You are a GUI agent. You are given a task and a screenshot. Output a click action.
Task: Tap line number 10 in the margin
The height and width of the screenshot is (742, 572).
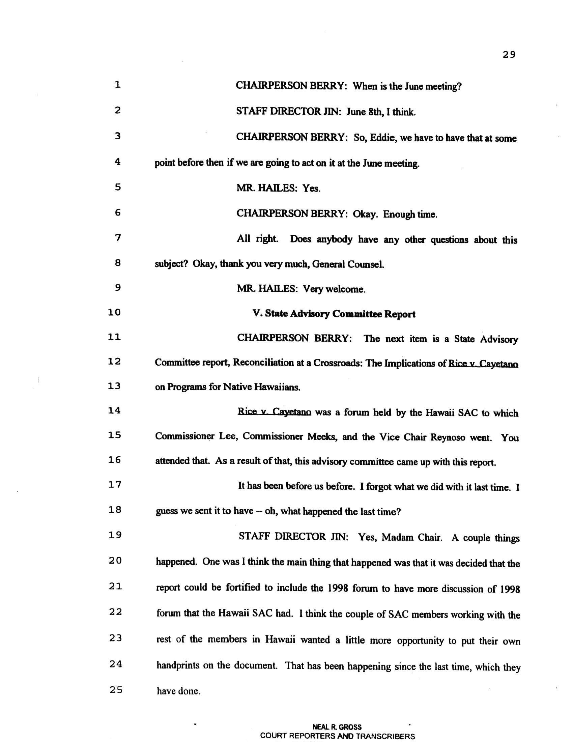[x=114, y=312]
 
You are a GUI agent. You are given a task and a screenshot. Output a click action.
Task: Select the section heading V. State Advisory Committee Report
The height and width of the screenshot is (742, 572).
[x=334, y=314]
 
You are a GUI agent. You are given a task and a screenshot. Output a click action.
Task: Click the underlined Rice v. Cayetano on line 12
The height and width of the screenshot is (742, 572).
[x=483, y=364]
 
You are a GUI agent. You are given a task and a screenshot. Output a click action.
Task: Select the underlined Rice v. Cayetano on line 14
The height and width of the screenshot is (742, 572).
[x=274, y=412]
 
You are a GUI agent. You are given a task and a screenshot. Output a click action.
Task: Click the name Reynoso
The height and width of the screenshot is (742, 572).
[x=447, y=437]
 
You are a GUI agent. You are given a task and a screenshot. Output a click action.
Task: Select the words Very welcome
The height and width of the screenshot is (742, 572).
[x=334, y=289]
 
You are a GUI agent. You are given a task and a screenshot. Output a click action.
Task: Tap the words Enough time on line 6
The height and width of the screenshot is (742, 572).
[x=410, y=215]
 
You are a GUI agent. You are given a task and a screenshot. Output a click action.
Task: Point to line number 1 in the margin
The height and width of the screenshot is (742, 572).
[x=117, y=85]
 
